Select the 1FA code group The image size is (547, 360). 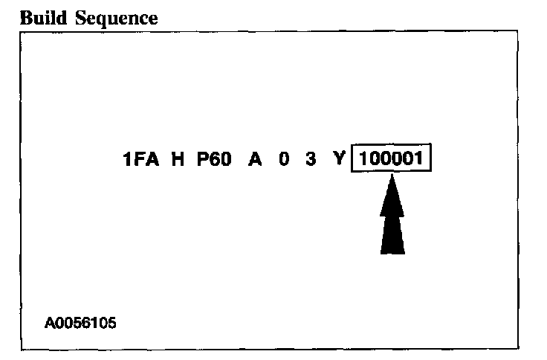tap(142, 160)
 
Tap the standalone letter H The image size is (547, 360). tap(178, 160)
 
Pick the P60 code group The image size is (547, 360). tap(214, 160)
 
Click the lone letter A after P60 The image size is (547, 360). tap(255, 160)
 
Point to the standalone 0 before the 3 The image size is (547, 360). tap(285, 160)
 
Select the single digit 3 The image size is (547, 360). tap(310, 160)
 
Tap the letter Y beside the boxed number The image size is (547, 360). tap(338, 160)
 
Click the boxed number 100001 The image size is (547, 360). tap(392, 160)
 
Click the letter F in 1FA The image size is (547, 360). tap(141, 160)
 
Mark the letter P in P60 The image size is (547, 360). tap(201, 160)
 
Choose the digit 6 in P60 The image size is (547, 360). tap(214, 160)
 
